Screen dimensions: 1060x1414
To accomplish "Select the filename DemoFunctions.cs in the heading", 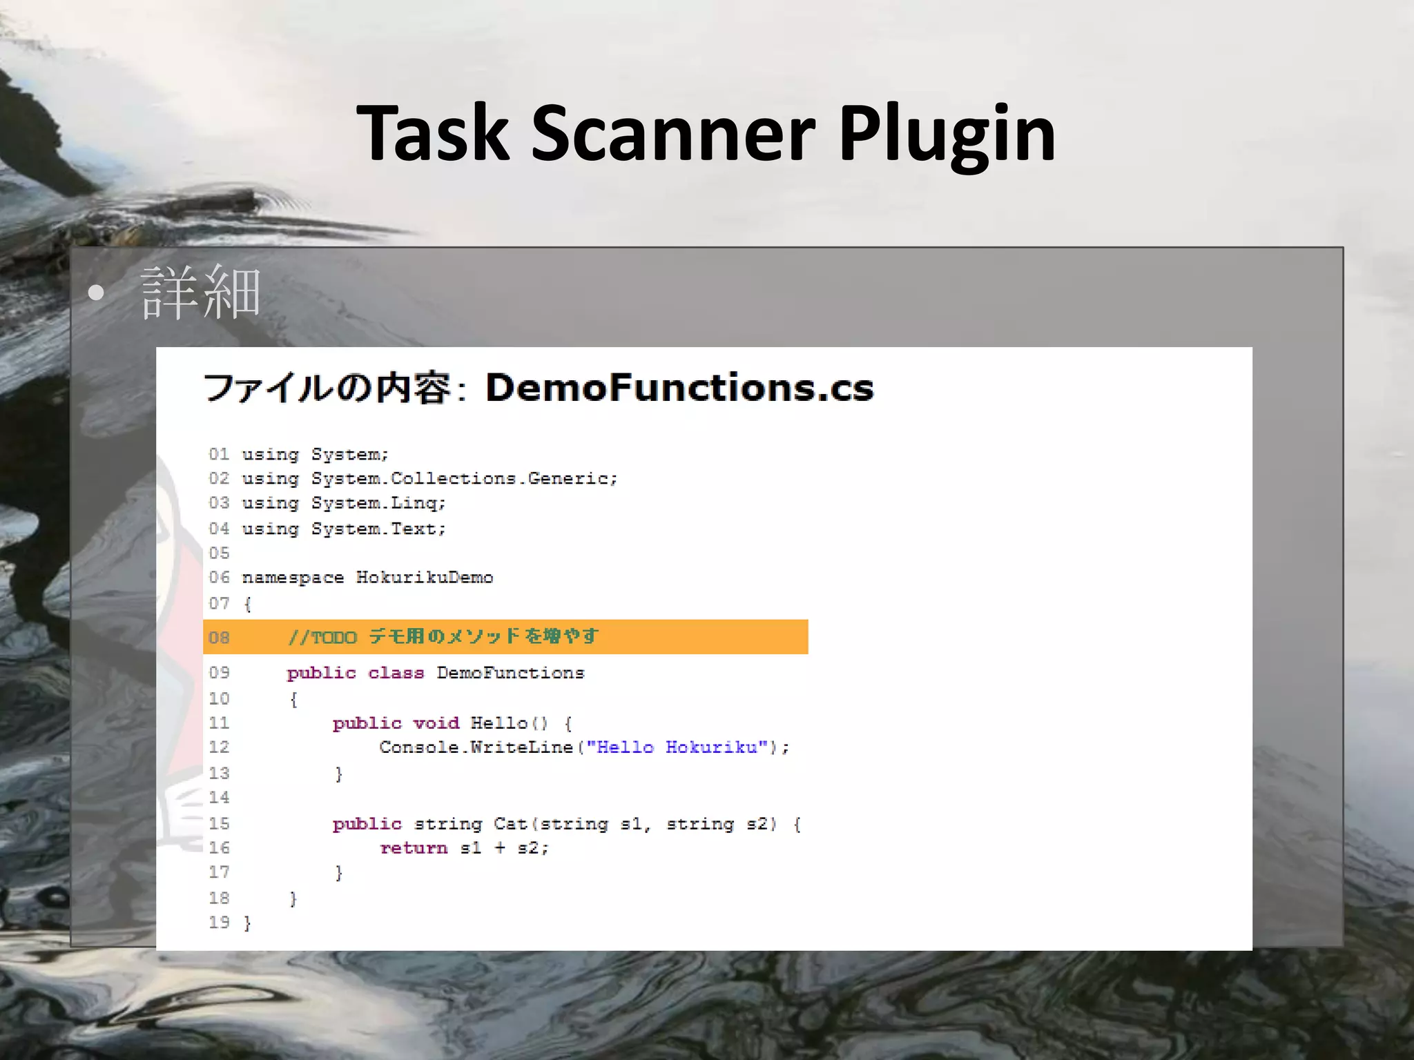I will (x=679, y=387).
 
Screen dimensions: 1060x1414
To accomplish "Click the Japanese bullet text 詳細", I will (x=200, y=293).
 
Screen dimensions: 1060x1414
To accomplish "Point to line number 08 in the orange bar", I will (x=219, y=637).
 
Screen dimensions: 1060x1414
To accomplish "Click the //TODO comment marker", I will (x=322, y=637).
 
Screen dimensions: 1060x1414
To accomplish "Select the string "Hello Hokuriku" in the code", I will (x=677, y=747).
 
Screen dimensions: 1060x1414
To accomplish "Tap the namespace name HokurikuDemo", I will (x=425, y=578).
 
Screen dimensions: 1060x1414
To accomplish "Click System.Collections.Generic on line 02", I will (x=464, y=478).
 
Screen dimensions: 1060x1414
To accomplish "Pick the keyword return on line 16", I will (x=414, y=848).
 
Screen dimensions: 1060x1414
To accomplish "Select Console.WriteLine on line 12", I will (x=476, y=747).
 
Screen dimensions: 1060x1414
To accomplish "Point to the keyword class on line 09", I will (x=396, y=673).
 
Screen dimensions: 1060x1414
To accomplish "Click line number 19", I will (x=219, y=923).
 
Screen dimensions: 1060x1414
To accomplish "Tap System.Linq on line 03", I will (x=378, y=503).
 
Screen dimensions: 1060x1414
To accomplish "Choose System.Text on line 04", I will (x=378, y=529).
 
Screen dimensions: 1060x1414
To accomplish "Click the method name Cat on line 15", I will (x=510, y=824).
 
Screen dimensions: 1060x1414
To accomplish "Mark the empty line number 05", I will (x=219, y=553).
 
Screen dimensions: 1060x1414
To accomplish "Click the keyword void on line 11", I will (x=436, y=723).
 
